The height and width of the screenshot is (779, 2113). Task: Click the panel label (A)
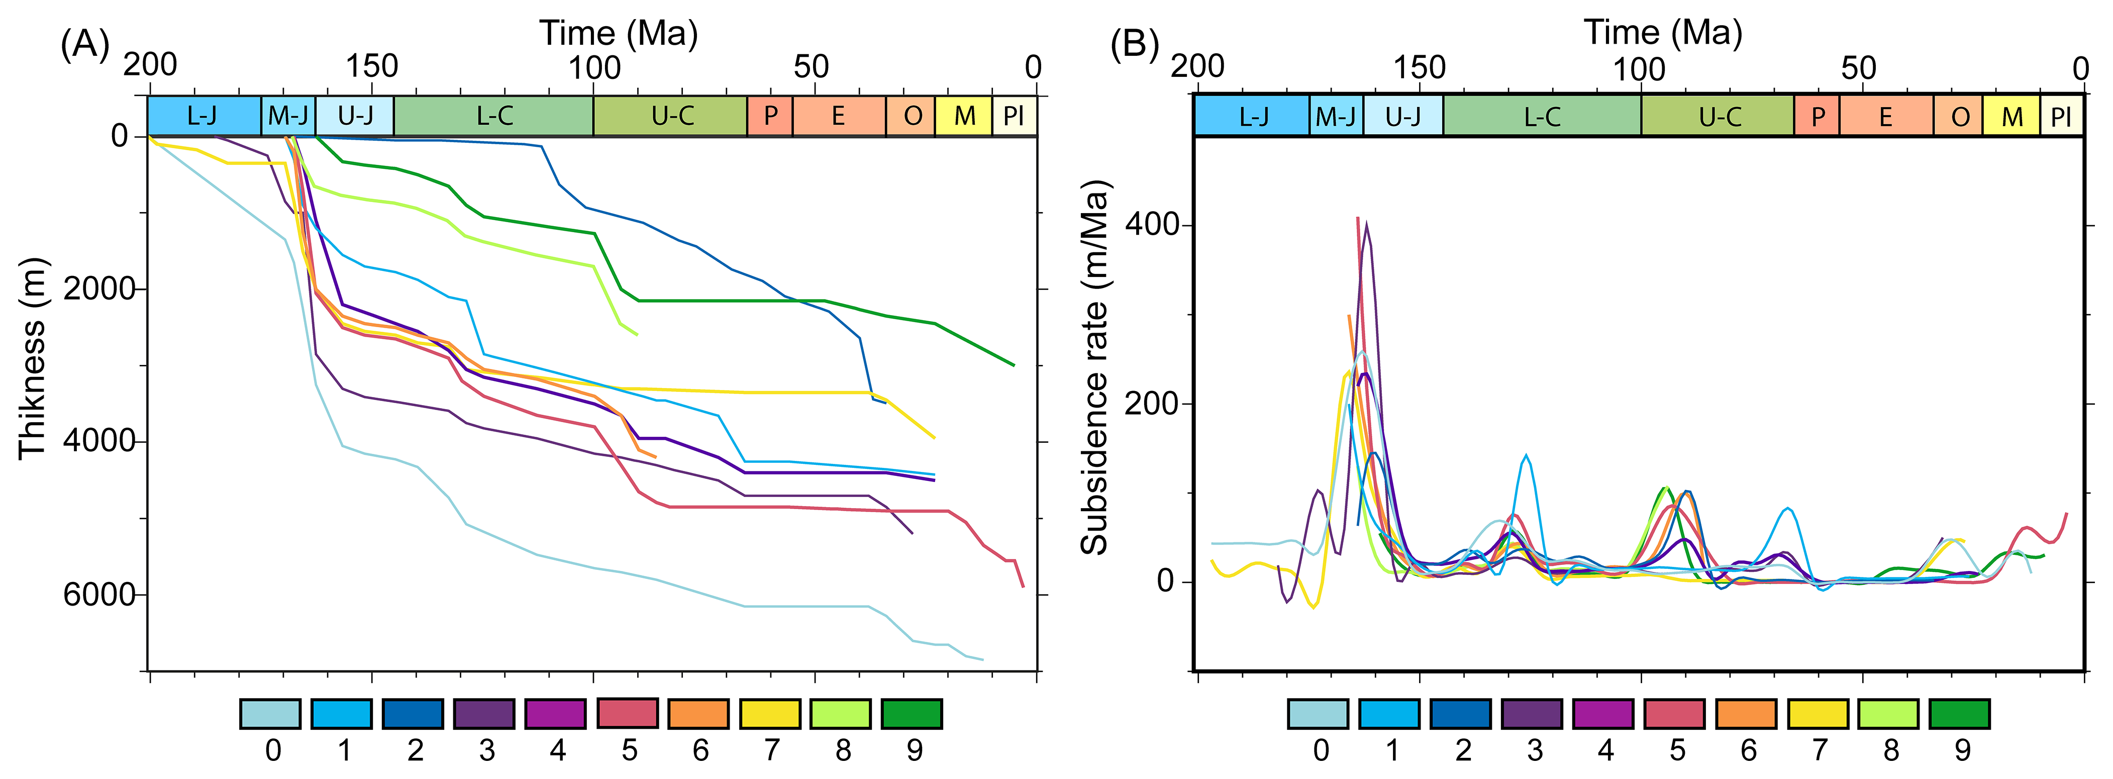84,44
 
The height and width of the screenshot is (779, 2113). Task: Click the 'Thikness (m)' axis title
33,358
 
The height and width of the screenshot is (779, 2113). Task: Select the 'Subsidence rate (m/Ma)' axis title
1094,367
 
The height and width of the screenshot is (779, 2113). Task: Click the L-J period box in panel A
204,116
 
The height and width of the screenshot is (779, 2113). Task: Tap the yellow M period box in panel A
964,116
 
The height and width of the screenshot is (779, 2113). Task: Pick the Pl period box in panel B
2061,117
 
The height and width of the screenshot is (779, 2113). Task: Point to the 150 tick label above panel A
371,66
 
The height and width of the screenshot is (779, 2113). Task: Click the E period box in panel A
838,116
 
